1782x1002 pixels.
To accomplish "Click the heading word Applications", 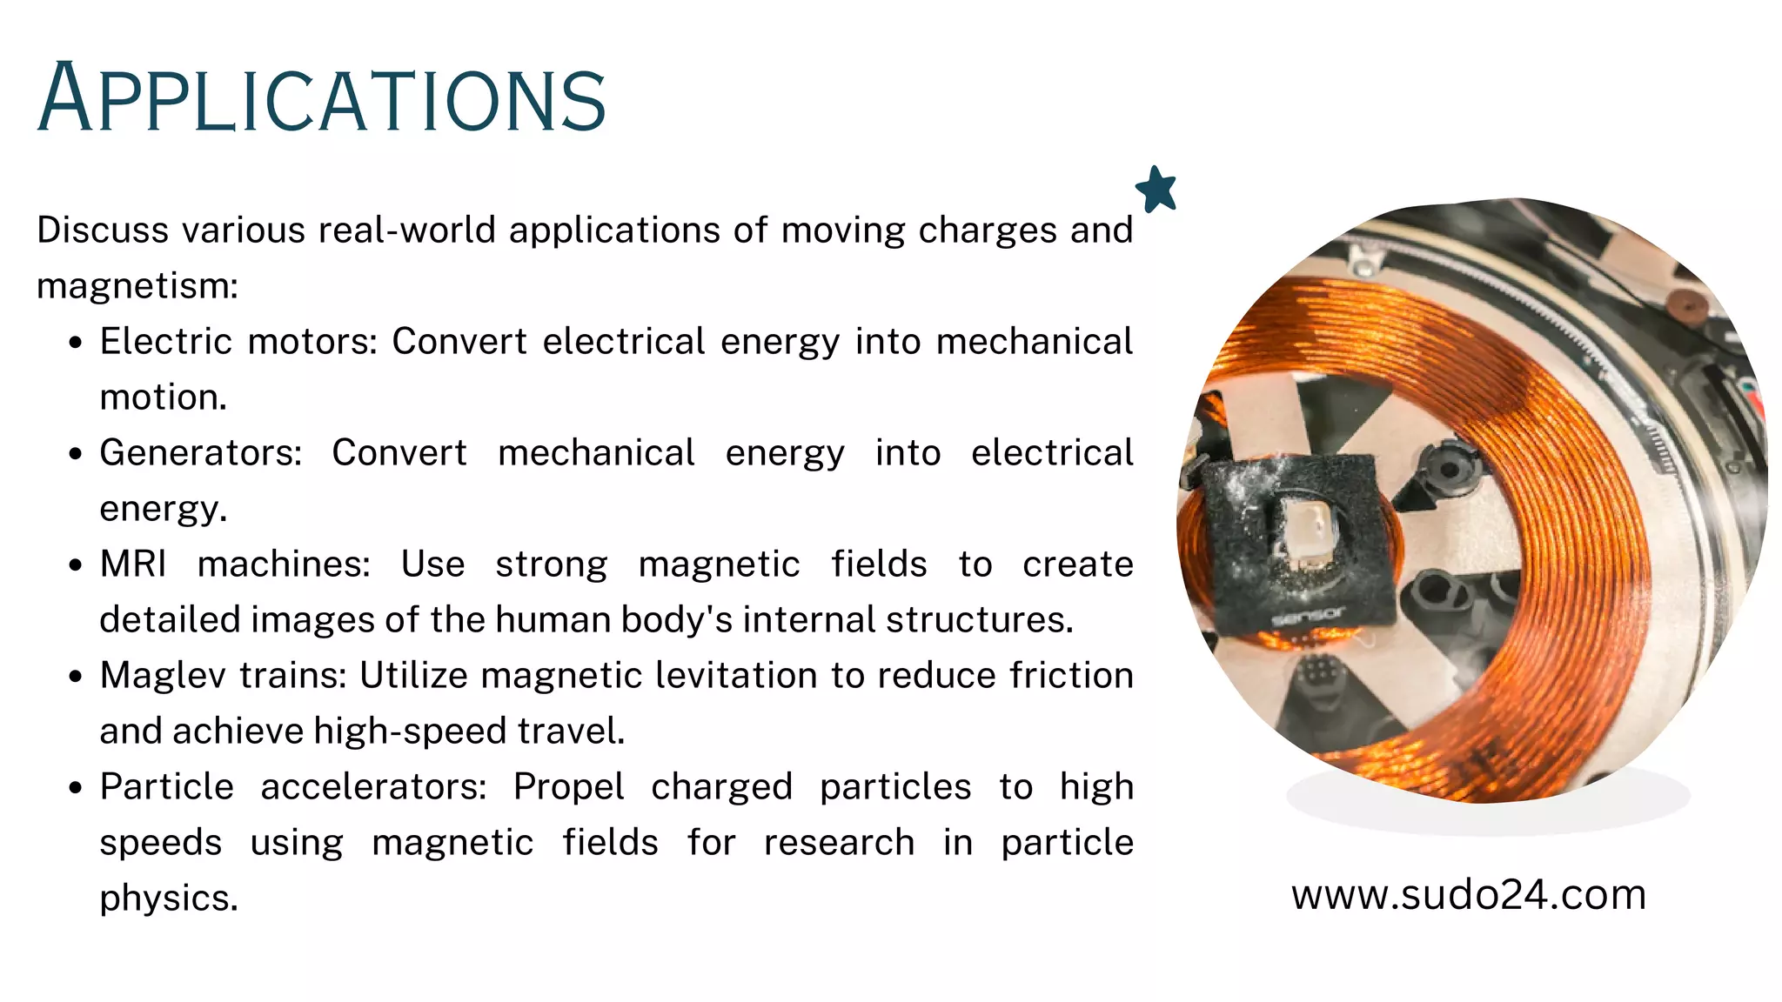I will pyautogui.click(x=322, y=98).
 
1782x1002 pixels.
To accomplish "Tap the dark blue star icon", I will pyautogui.click(x=1156, y=190).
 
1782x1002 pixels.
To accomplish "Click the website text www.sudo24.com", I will pyautogui.click(x=1469, y=894).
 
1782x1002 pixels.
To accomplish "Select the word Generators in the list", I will pyautogui.click(x=200, y=453).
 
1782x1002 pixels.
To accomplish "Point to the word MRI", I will pyautogui.click(x=132, y=564).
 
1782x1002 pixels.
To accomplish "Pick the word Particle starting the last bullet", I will pyautogui.click(x=166, y=787).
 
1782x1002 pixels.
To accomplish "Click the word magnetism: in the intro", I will pyautogui.click(x=137, y=286).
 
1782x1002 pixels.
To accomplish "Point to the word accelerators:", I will pyautogui.click(x=373, y=787).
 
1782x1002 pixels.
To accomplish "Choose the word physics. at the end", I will pyautogui.click(x=169, y=898).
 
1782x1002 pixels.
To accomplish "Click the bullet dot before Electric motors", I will pyautogui.click(x=77, y=343).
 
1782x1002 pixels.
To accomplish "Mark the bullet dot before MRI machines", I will pyautogui.click(x=77, y=565).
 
